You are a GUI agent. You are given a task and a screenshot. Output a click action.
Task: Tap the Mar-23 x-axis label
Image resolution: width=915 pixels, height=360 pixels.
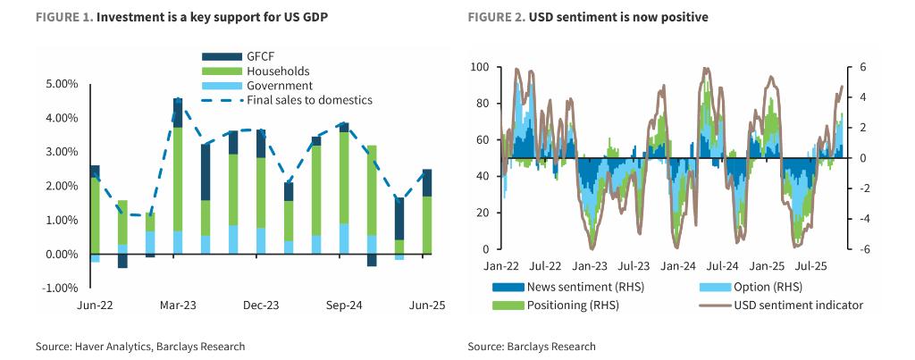point(178,306)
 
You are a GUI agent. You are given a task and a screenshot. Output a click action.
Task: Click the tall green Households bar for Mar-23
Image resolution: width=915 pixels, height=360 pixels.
point(178,179)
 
